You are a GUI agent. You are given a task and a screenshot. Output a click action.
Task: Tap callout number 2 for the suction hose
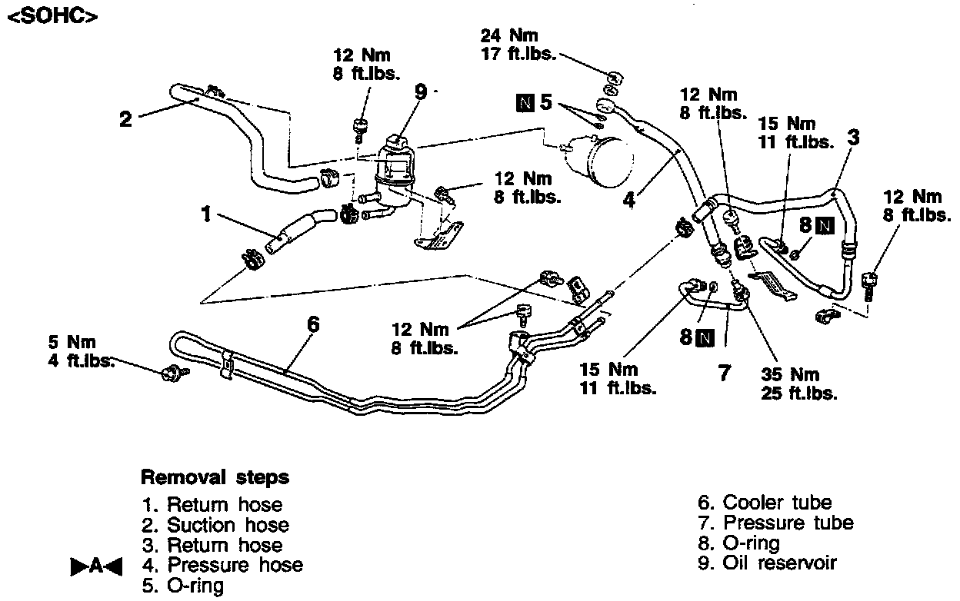(x=125, y=118)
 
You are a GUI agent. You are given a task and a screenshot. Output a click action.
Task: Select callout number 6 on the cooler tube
(x=312, y=324)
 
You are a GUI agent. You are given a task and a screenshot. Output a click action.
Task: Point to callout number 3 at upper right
(x=854, y=138)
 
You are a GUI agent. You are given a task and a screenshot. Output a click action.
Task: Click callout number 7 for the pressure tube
(x=723, y=372)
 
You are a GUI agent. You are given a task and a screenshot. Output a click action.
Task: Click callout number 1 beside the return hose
(x=206, y=214)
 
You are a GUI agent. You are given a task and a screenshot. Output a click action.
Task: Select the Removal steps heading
(x=215, y=477)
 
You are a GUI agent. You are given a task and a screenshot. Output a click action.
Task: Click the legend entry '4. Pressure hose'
(x=223, y=565)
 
